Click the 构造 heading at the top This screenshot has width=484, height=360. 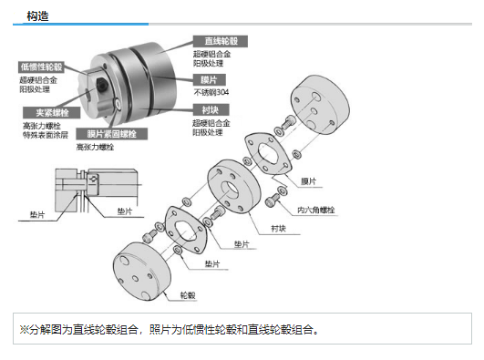pos(37,16)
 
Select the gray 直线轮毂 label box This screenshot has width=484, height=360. pos(221,41)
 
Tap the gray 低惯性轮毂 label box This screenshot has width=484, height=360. pos(41,67)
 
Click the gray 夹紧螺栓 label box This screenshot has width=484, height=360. pos(52,113)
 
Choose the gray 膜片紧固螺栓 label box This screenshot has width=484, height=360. pos(112,134)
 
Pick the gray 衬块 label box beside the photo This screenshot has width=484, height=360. pos(211,110)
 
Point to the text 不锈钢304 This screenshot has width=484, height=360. pos(211,92)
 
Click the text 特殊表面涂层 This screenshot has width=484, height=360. pos(46,135)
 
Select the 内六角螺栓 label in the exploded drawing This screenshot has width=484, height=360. pos(315,210)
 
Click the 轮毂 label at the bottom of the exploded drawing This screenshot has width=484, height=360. pos(188,295)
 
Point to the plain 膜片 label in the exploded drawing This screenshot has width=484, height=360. pos(308,181)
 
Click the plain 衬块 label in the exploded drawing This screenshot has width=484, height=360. pos(278,229)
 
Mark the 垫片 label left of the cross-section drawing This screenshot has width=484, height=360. pos(37,214)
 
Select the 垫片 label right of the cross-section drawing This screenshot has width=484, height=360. pos(125,211)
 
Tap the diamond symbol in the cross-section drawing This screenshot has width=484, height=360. pos(93,179)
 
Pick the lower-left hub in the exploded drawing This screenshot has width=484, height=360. pos(141,272)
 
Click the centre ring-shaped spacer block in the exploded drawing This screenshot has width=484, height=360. pos(233,187)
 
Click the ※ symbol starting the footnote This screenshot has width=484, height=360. pos(24,329)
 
